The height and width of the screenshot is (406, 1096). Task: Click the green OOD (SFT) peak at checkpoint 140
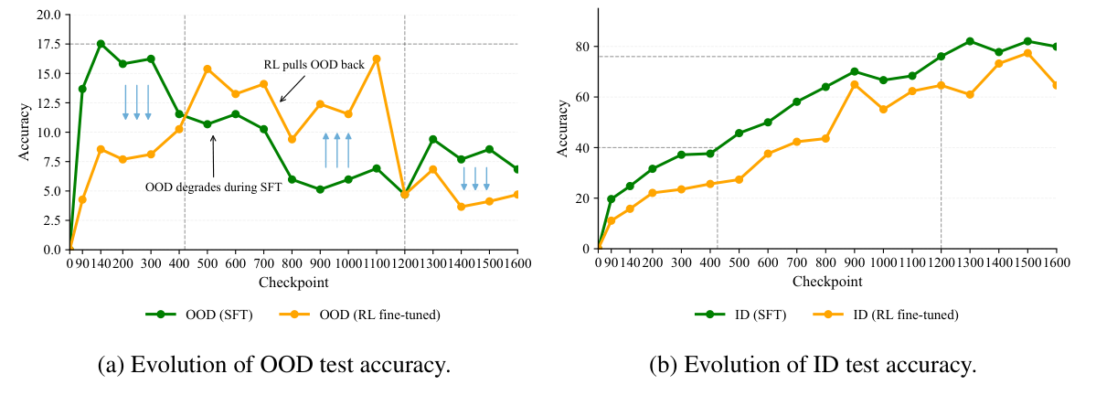(101, 44)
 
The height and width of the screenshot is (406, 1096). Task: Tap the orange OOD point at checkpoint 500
(207, 69)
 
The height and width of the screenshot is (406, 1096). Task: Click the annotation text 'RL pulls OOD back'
(303, 67)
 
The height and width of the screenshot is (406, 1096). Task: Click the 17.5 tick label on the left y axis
(47, 44)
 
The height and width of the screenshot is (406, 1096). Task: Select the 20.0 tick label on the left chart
(47, 15)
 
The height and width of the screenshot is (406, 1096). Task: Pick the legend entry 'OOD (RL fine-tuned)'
(374, 315)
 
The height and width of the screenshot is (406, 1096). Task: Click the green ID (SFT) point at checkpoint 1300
(970, 41)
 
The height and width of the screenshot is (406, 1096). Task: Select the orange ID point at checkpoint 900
(854, 84)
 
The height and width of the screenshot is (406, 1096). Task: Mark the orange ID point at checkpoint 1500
(1027, 53)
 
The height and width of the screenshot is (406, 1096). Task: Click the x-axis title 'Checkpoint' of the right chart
(826, 282)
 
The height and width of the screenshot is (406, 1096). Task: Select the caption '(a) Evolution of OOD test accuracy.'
(273, 367)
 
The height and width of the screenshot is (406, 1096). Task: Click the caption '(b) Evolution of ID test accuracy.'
(813, 367)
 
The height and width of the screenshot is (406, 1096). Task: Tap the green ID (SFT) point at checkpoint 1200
(941, 57)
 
